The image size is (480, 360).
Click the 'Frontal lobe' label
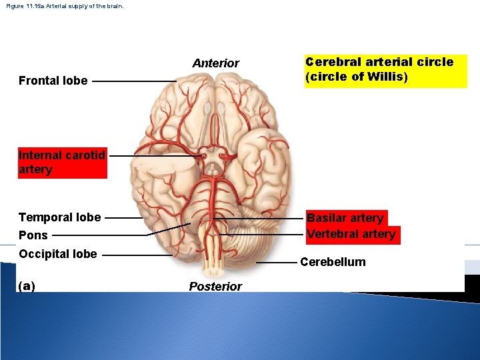(53, 81)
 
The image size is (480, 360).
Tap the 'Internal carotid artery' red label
(62, 163)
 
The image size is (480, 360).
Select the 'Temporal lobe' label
(60, 217)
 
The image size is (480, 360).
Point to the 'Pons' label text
(33, 235)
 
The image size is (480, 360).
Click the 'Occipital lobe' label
(58, 254)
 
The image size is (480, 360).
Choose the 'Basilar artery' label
(345, 218)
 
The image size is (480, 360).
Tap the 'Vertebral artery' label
(351, 234)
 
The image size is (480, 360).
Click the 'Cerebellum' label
(333, 262)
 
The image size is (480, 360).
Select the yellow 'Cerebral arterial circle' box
(386, 70)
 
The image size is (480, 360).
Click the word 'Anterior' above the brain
(215, 63)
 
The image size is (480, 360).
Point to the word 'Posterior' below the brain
(215, 287)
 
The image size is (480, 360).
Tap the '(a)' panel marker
(27, 286)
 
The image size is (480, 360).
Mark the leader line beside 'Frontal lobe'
(133, 81)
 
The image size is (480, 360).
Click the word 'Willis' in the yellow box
(387, 77)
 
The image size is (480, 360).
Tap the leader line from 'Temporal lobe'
(124, 217)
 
